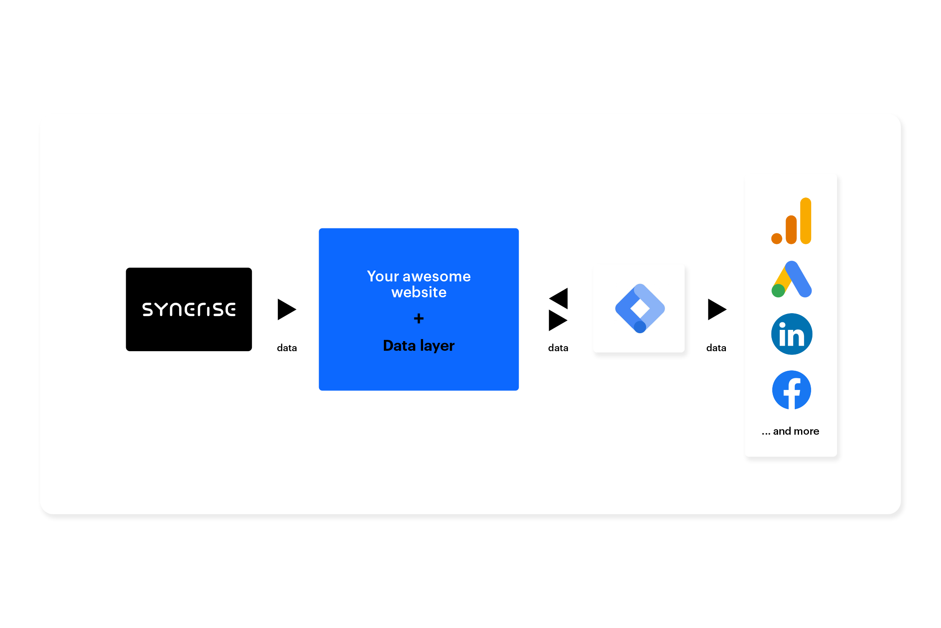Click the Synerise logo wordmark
click(189, 309)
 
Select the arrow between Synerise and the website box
click(286, 309)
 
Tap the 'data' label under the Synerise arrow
click(287, 348)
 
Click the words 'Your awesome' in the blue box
click(419, 276)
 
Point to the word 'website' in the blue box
click(419, 292)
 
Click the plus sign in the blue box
click(419, 319)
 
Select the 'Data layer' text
click(419, 346)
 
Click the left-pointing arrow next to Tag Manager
click(559, 298)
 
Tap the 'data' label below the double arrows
click(558, 348)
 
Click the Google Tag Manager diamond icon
click(640, 309)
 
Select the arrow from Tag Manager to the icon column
click(716, 309)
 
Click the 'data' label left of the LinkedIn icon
click(716, 348)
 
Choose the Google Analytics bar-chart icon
click(791, 221)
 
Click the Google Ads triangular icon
click(791, 279)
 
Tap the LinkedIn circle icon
click(791, 334)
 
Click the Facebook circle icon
click(791, 390)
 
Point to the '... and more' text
click(790, 431)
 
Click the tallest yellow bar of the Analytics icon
click(806, 220)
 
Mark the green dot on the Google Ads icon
click(778, 291)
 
